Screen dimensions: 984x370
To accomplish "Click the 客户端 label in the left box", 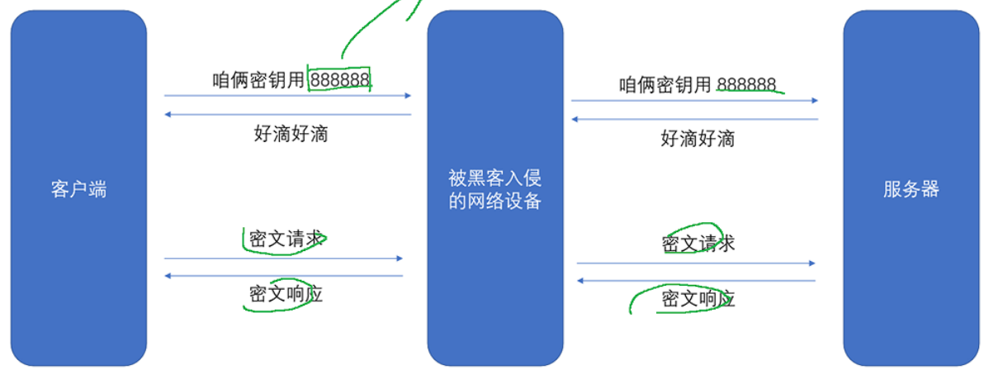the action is (78, 190).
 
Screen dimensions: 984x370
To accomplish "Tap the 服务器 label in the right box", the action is (911, 189).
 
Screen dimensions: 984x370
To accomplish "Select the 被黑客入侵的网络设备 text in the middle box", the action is (494, 189).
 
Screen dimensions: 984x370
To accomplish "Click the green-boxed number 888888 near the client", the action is (340, 79).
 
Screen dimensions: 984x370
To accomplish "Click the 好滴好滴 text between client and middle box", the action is (290, 134).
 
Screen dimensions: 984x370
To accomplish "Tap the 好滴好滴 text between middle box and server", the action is (698, 138).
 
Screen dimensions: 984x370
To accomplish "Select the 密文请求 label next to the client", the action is (285, 240).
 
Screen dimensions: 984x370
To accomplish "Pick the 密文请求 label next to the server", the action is (698, 244).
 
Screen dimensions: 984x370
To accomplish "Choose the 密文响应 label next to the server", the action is (698, 298).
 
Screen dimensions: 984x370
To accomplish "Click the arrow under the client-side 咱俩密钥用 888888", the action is (287, 96).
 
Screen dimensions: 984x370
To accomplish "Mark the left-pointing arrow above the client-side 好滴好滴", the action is (287, 114).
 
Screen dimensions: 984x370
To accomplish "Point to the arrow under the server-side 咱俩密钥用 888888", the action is (694, 101).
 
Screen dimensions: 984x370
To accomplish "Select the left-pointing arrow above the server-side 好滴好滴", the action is (694, 120).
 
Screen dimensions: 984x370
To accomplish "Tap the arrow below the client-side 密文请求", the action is (283, 259).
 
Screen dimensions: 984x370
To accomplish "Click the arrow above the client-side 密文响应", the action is (283, 275).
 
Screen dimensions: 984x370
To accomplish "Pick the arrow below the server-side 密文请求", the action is (696, 263).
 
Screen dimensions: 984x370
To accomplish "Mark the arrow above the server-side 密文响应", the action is (696, 281).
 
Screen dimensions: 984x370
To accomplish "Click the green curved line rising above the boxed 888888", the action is (363, 29).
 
